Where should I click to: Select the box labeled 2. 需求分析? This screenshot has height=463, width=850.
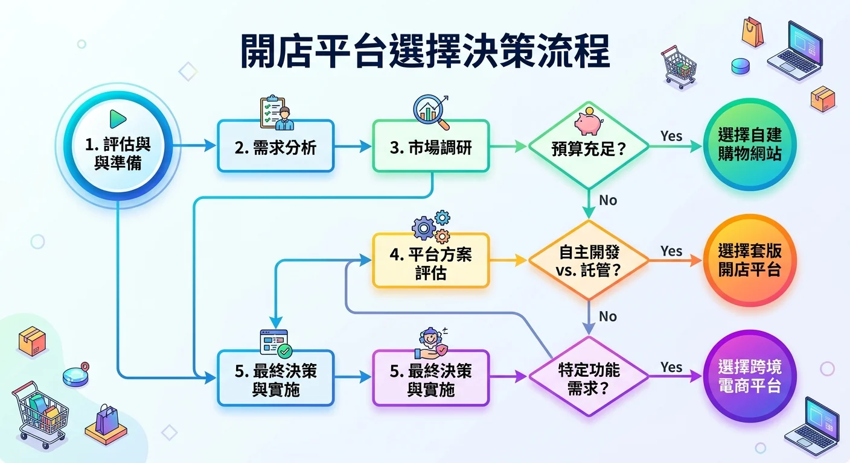(x=275, y=146)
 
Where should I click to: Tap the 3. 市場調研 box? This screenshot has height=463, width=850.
(x=430, y=146)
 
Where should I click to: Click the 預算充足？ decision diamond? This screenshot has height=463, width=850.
(x=588, y=148)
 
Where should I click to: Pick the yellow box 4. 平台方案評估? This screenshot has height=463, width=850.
(x=430, y=263)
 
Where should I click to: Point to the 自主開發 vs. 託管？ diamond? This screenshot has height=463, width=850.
(x=588, y=260)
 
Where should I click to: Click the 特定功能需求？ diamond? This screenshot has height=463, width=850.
(x=589, y=377)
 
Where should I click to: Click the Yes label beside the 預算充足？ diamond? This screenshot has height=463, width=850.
(x=671, y=136)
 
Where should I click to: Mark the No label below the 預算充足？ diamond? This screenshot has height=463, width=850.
(x=608, y=200)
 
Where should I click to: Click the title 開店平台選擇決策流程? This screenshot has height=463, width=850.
(x=424, y=53)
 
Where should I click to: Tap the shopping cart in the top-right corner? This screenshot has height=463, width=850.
(x=679, y=66)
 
